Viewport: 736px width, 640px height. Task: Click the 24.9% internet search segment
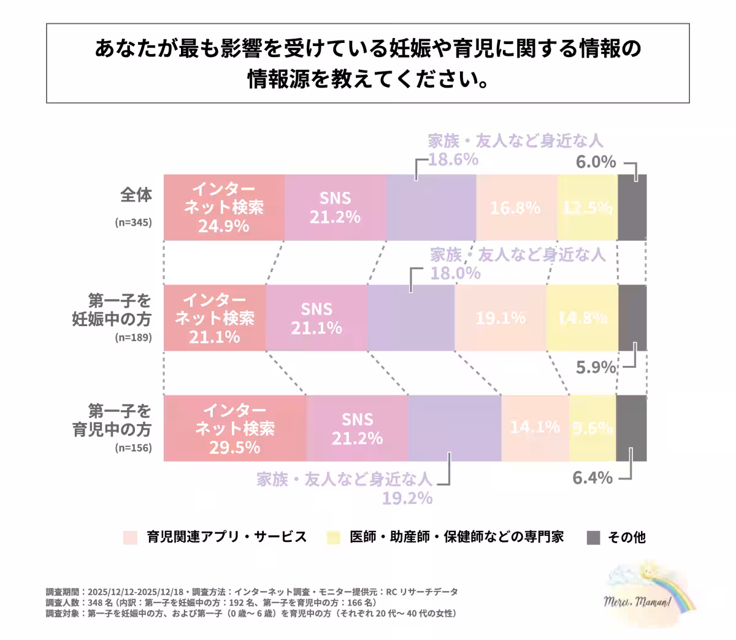(x=224, y=207)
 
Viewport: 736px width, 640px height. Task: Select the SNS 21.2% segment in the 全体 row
(x=335, y=207)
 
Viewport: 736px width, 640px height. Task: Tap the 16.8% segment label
(x=515, y=208)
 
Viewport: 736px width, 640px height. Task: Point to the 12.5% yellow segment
(x=588, y=208)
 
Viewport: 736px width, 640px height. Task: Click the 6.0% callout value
(x=596, y=162)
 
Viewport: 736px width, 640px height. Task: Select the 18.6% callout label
(x=453, y=159)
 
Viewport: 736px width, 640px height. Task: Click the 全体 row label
(x=136, y=195)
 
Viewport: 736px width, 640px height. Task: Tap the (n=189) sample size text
(x=133, y=337)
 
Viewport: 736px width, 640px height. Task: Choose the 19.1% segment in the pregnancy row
(x=500, y=318)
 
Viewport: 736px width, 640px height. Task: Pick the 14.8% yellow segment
(x=583, y=318)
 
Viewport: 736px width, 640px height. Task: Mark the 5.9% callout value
(x=596, y=367)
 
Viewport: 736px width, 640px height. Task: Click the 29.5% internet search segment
(x=234, y=429)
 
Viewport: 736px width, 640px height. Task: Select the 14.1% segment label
(x=535, y=427)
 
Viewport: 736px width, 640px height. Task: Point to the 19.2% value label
(x=407, y=498)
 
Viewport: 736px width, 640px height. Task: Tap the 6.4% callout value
(x=592, y=478)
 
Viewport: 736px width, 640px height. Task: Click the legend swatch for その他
(x=593, y=538)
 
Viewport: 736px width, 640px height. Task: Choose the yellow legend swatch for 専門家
(x=334, y=538)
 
